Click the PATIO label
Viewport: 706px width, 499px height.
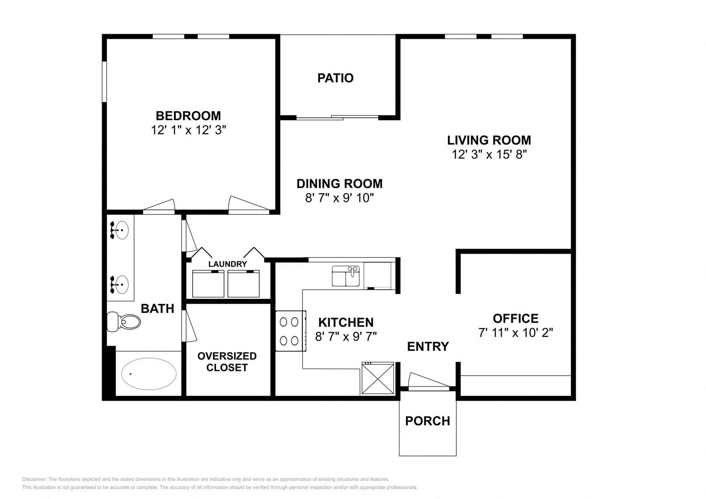click(335, 78)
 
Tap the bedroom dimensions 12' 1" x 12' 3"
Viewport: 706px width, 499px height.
click(189, 130)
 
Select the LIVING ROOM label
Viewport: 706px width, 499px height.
click(489, 140)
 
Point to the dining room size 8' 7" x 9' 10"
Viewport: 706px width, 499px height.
click(339, 198)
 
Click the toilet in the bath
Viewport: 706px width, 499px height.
click(123, 322)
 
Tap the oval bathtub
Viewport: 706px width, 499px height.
click(149, 374)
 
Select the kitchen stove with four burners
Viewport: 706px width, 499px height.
click(291, 331)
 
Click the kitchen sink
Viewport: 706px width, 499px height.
click(346, 276)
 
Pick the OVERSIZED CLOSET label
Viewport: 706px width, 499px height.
click(227, 362)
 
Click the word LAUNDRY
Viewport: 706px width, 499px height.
click(227, 264)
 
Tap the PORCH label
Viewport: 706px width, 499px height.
click(427, 421)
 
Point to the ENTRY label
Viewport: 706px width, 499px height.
click(428, 347)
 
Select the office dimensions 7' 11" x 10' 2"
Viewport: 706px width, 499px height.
click(516, 333)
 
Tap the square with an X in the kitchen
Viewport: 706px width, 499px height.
click(378, 378)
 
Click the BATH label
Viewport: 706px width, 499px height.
click(157, 309)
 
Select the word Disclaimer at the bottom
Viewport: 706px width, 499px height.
click(34, 479)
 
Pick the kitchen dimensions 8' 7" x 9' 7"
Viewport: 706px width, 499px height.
click(346, 336)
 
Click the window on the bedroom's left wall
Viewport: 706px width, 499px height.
click(104, 81)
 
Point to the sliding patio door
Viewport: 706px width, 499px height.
click(337, 117)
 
